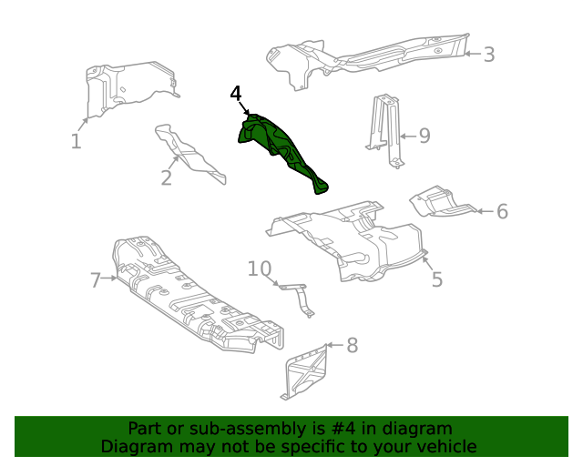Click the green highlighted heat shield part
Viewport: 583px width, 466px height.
pos(278,147)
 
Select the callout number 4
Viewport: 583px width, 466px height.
pos(236,94)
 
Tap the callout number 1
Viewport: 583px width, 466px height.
pos(77,141)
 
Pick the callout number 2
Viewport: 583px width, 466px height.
pos(166,177)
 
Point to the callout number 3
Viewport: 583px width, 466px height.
pos(489,55)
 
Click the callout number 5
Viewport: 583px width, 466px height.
pos(437,279)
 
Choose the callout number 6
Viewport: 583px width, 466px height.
pos(502,212)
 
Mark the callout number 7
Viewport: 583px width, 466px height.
pos(96,280)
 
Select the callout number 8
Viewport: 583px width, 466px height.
pos(353,345)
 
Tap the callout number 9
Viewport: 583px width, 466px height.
pos(424,137)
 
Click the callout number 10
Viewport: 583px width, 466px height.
pos(260,268)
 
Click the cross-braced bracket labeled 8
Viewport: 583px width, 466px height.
pos(305,371)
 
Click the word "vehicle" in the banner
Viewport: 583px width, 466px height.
pos(445,446)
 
